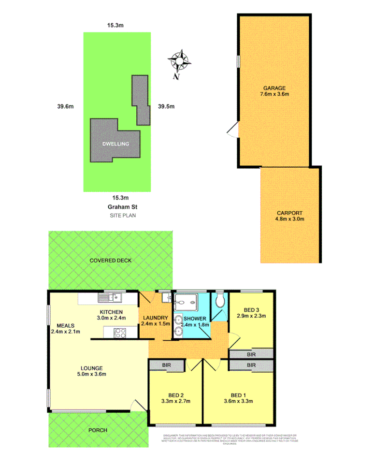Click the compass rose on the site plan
(180, 61)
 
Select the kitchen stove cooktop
(119, 333)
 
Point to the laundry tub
(165, 297)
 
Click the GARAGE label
(273, 88)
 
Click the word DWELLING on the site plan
(115, 145)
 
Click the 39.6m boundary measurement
(61, 107)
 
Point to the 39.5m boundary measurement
(166, 107)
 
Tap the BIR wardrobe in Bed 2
(166, 365)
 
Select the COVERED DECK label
(111, 261)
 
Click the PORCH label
(97, 430)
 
